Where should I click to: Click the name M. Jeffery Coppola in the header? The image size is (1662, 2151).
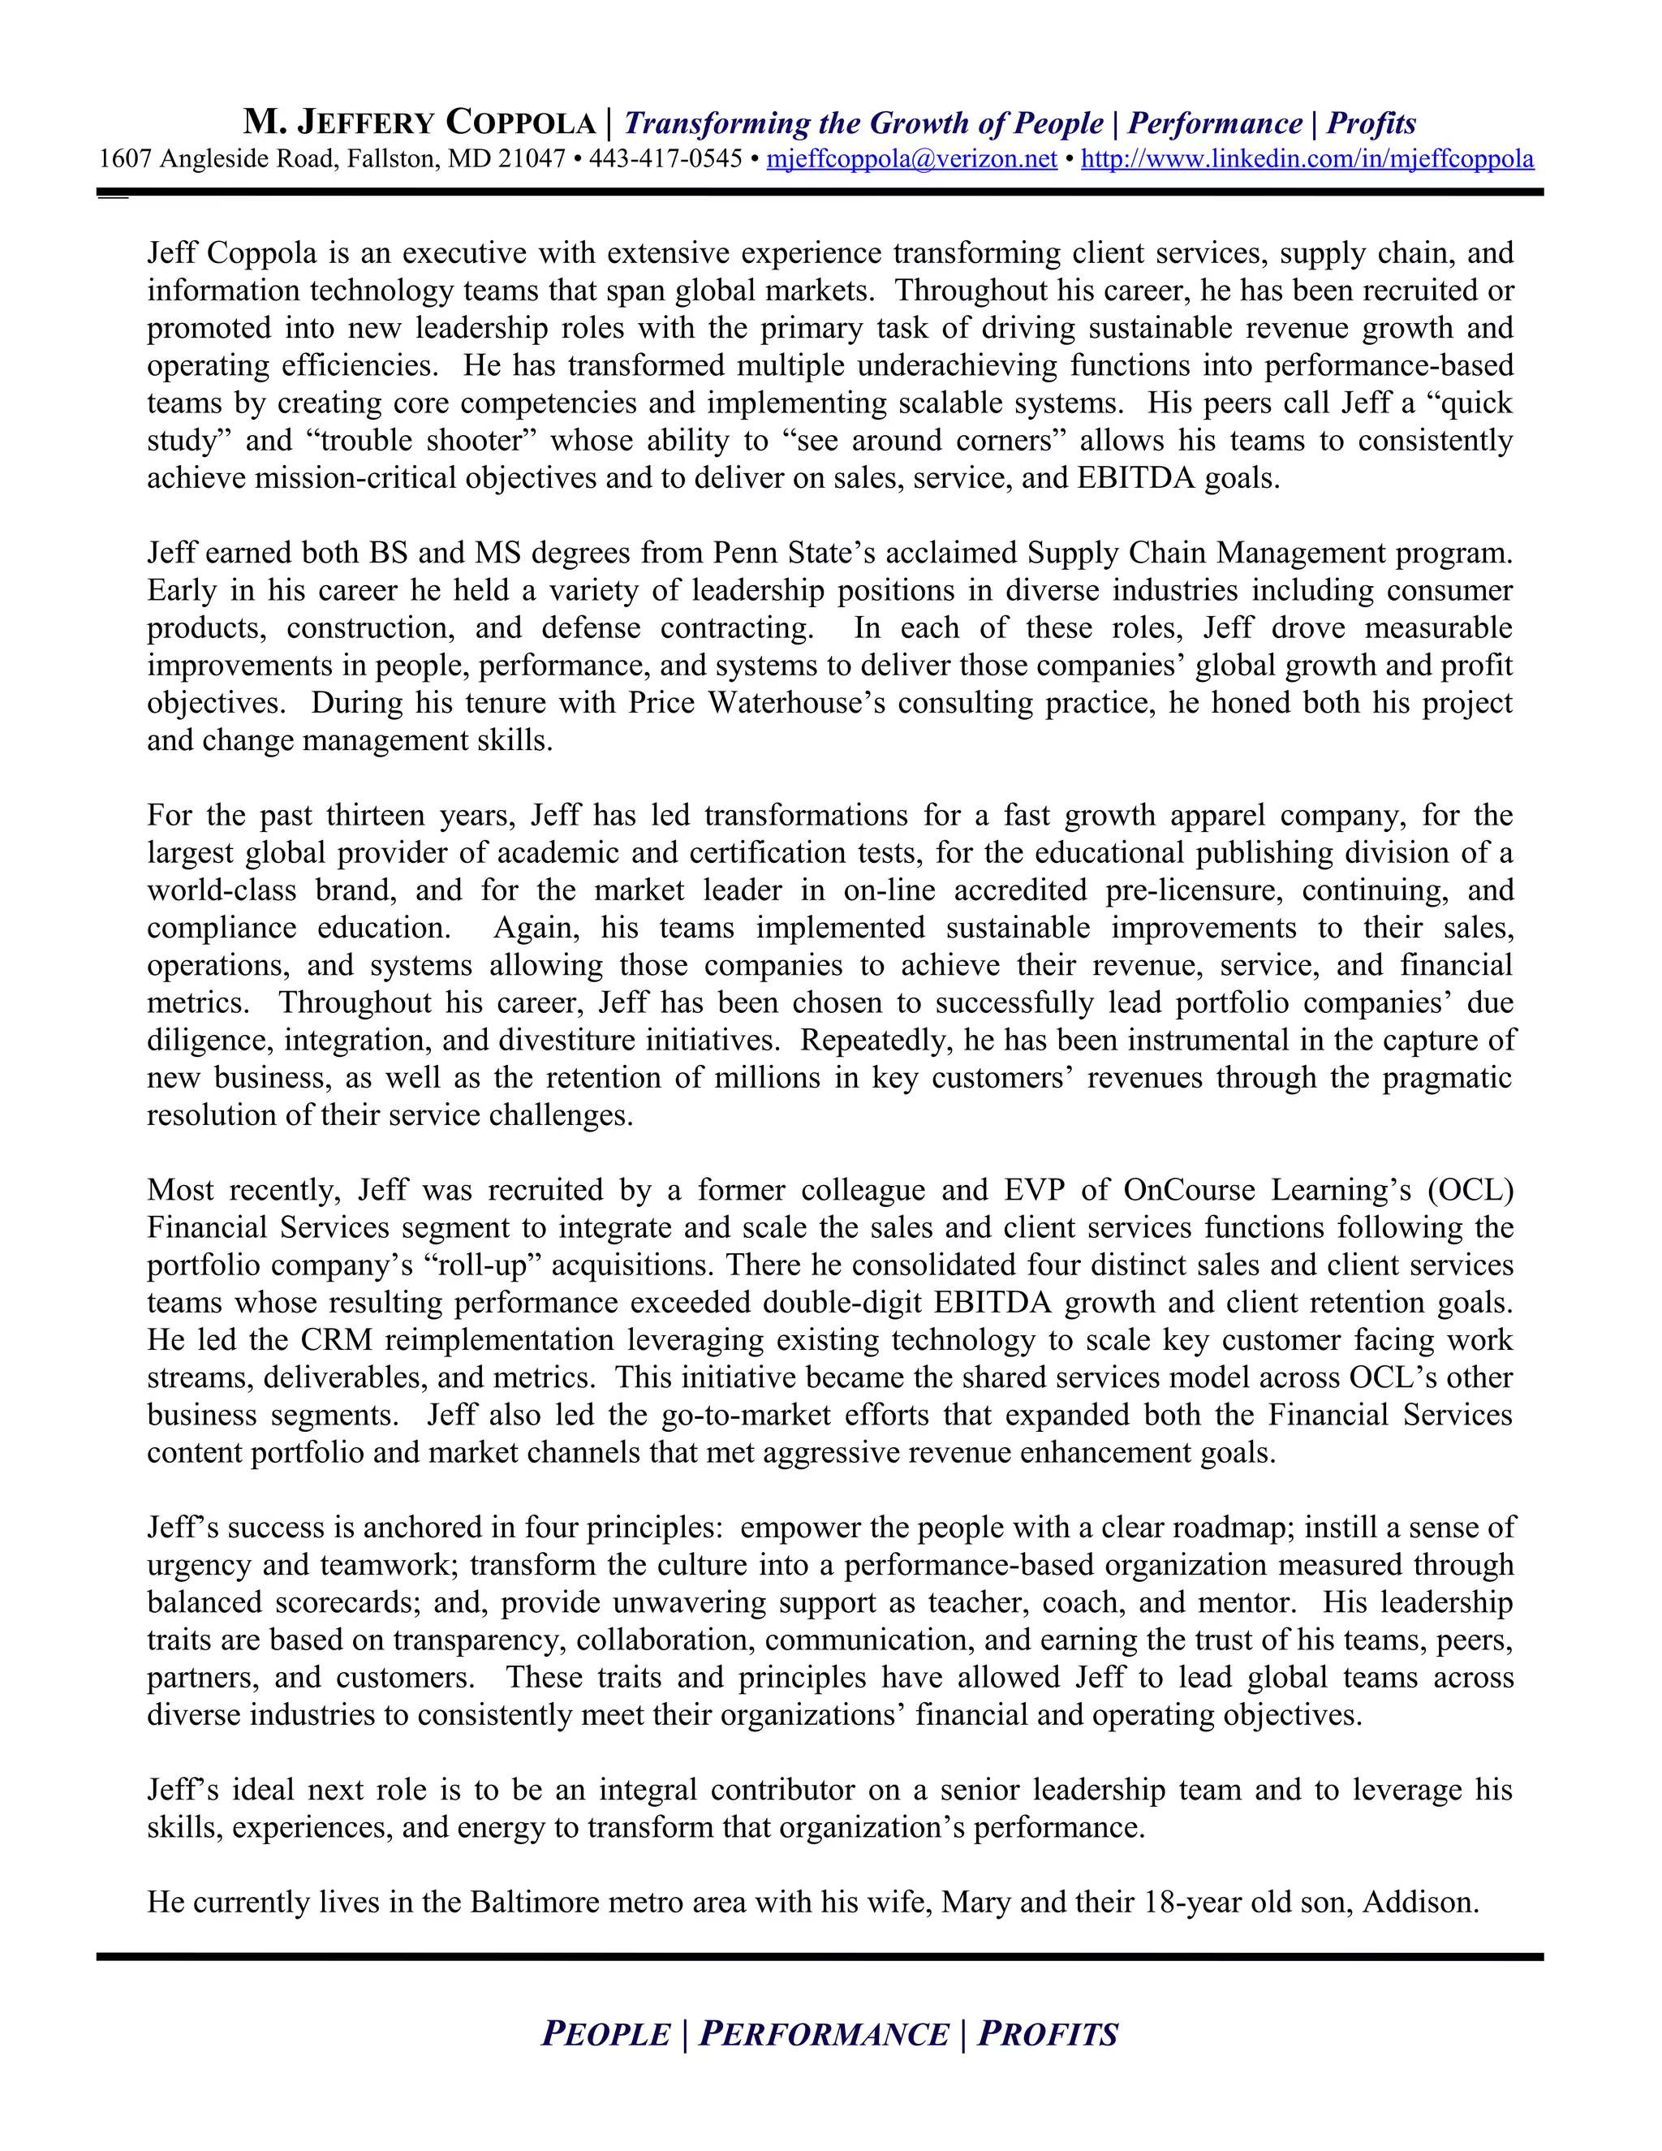(420, 123)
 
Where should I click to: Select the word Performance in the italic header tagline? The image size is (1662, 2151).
(1214, 123)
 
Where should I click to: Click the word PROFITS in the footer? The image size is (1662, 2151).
(1048, 2034)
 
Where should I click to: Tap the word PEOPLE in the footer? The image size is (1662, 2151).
(605, 2034)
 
